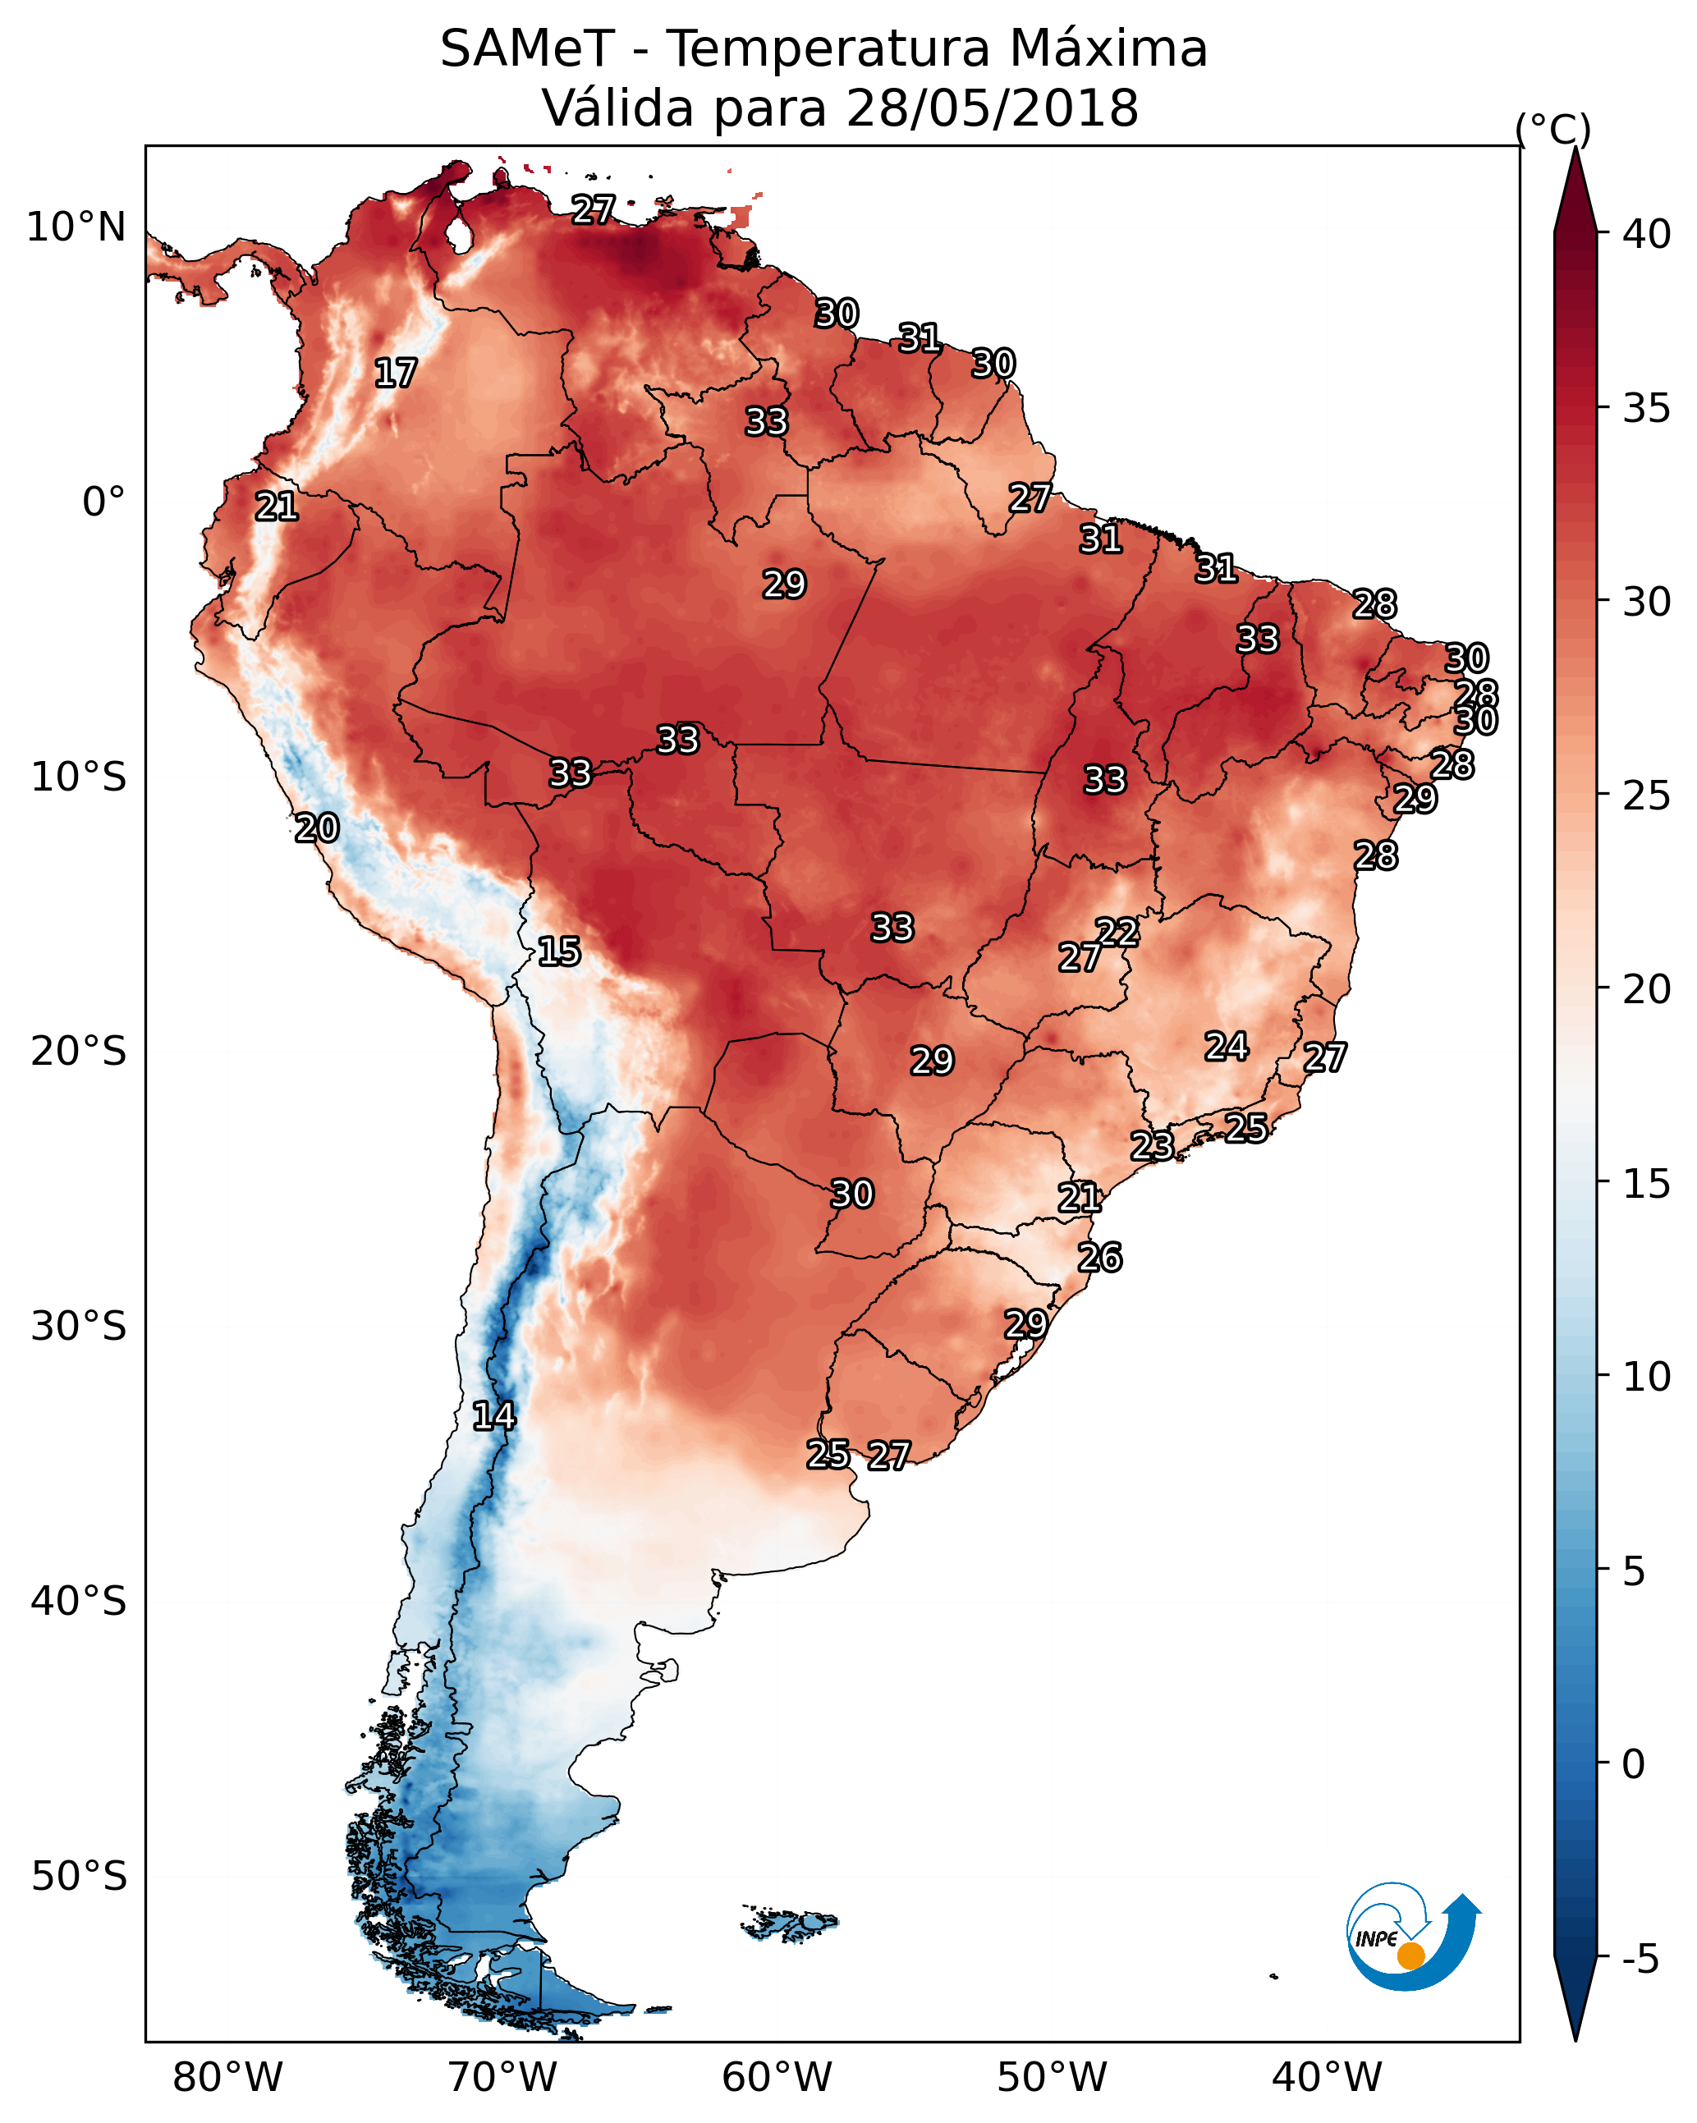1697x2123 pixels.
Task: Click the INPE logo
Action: click(x=1414, y=1941)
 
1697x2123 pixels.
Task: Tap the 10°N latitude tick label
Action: click(x=76, y=227)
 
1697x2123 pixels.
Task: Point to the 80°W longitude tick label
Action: click(x=227, y=2077)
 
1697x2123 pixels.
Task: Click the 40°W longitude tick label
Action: click(x=1327, y=2077)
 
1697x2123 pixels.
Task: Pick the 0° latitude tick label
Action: click(x=104, y=502)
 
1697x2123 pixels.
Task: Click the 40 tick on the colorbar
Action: click(x=1647, y=234)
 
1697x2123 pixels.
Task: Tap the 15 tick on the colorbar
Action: click(x=1647, y=1184)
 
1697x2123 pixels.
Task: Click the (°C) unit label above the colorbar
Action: click(x=1553, y=129)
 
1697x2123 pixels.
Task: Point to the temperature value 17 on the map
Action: click(x=396, y=374)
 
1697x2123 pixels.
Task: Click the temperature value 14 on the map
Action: click(x=493, y=1416)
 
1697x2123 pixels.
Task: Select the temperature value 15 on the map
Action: click(x=558, y=951)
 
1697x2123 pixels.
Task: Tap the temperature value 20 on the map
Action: click(x=317, y=828)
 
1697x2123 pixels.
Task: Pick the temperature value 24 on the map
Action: click(x=1227, y=1046)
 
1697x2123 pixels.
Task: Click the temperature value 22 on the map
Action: click(x=1117, y=932)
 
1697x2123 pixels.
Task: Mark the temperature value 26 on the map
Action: click(x=1100, y=1258)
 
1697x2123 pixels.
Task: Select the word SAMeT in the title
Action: click(x=528, y=49)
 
